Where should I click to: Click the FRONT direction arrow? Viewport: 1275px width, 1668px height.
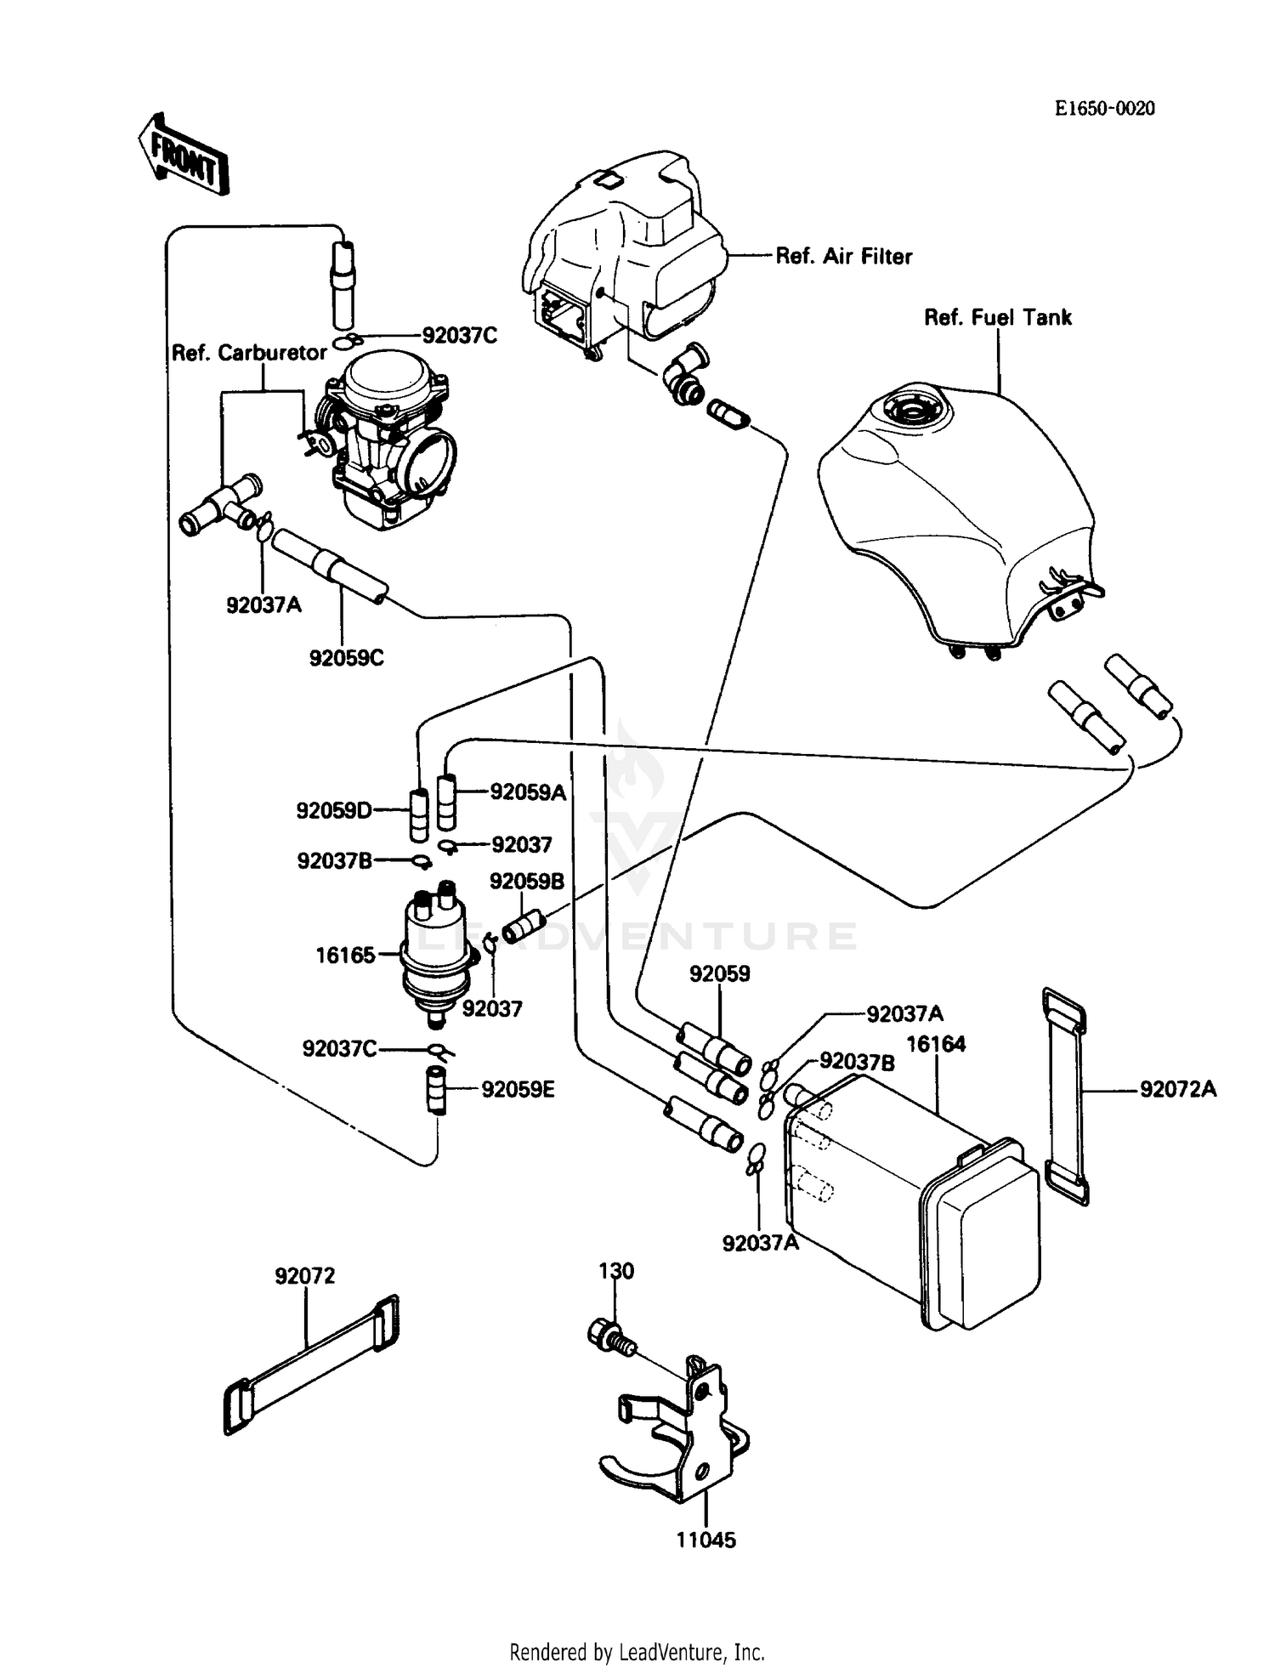(183, 156)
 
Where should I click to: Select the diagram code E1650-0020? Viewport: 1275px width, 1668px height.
(1104, 109)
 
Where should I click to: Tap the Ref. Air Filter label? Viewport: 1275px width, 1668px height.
(843, 257)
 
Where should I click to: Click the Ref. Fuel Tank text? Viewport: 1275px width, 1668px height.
(997, 318)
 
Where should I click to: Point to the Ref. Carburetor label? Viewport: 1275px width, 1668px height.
(249, 353)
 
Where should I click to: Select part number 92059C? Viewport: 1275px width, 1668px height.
(346, 658)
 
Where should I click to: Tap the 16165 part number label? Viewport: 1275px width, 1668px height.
(345, 956)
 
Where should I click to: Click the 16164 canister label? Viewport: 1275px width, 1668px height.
(936, 1045)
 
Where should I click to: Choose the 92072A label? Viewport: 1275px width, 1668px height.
(1178, 1089)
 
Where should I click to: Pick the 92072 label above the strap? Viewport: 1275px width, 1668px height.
(304, 1276)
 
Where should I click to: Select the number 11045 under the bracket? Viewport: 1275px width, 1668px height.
(705, 1540)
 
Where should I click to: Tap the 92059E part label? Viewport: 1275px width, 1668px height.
(518, 1090)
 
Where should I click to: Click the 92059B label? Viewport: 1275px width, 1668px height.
(526, 882)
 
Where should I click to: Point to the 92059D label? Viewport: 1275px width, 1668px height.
(334, 811)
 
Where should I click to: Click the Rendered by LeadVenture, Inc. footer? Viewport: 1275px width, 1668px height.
(637, 1652)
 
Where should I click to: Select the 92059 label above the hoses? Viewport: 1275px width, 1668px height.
(719, 974)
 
